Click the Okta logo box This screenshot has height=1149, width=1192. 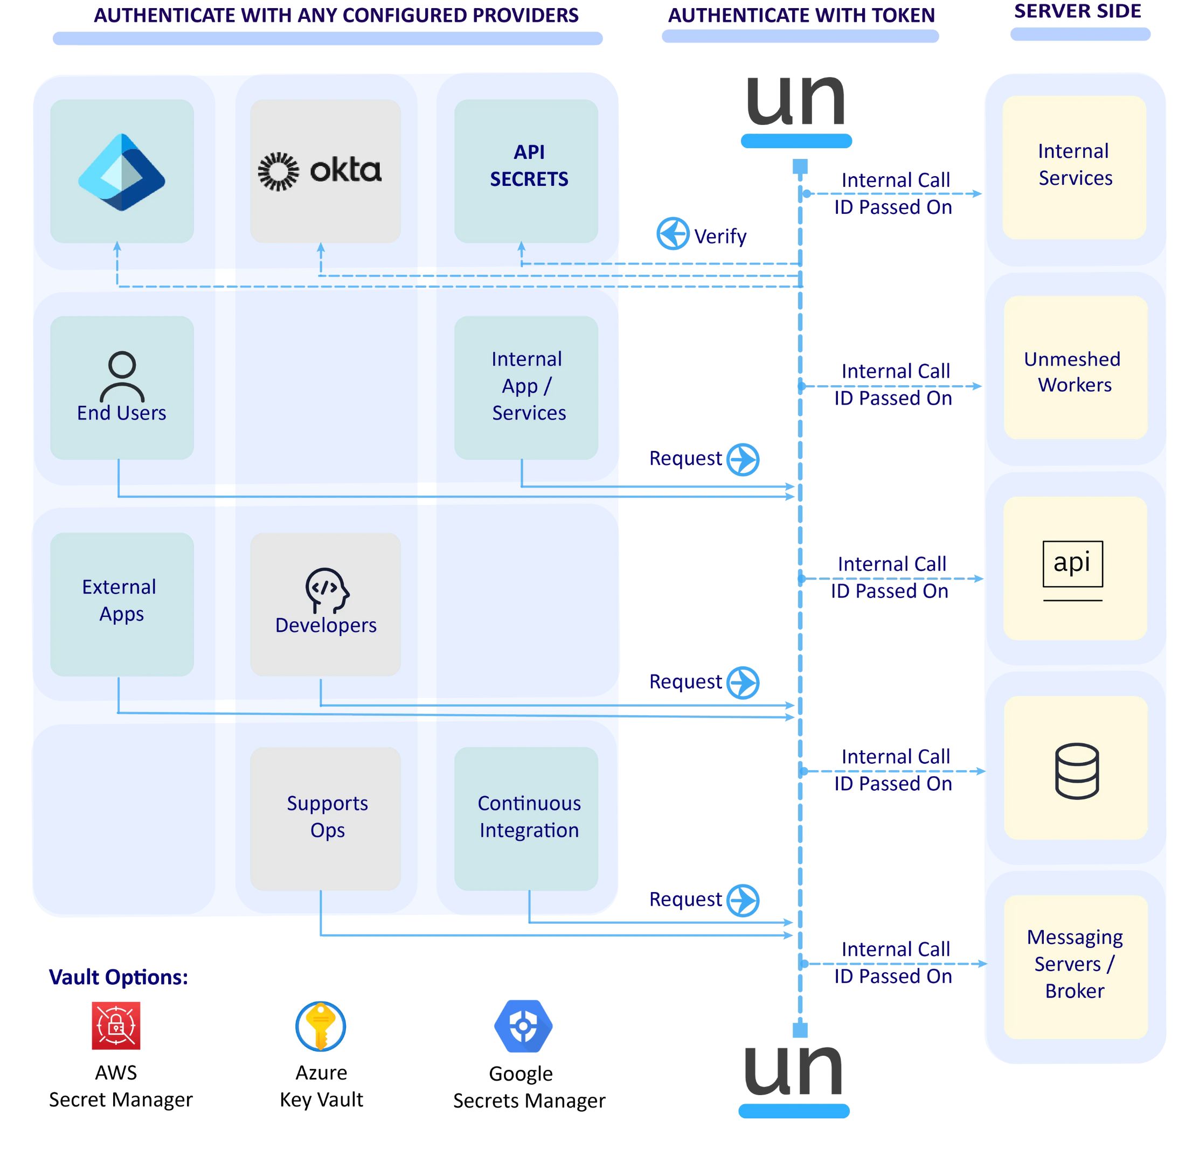(325, 171)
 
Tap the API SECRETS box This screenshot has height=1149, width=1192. (526, 171)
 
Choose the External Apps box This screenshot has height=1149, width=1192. (122, 604)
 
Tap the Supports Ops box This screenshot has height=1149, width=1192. (325, 818)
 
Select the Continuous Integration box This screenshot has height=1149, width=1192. (526, 818)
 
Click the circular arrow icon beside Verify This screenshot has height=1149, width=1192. (673, 233)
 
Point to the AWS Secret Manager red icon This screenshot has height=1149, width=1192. (115, 1026)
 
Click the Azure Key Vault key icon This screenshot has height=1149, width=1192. (321, 1026)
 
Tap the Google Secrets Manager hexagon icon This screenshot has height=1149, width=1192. (523, 1026)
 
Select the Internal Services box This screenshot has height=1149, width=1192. (1074, 167)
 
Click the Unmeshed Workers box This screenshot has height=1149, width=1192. (1075, 368)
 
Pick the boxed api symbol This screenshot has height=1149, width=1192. (1072, 563)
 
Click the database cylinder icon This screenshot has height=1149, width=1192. (1077, 771)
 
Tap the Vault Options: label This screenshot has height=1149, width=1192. (119, 977)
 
